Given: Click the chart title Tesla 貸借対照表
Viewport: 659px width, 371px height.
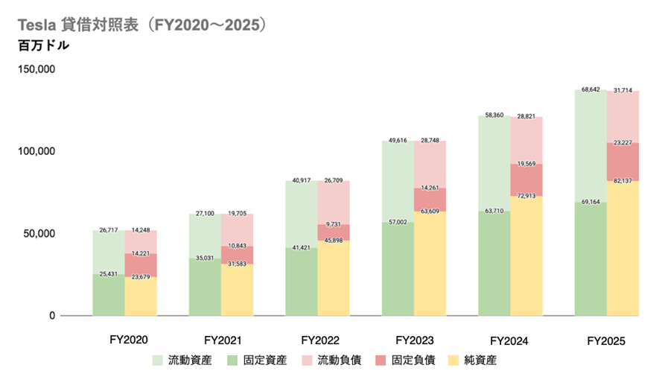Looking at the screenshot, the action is (78, 25).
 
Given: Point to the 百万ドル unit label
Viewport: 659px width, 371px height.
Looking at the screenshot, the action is (44, 45).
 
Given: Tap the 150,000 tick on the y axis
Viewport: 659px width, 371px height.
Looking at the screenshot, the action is (36, 69).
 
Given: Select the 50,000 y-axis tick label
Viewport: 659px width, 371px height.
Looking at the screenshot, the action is (39, 233).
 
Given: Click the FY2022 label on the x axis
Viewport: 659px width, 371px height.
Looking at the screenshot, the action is (320, 340).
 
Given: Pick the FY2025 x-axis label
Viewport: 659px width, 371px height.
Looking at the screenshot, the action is (606, 340).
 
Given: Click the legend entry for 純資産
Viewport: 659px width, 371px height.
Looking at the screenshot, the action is (472, 360).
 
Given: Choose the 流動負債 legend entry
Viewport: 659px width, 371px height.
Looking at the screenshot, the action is (331, 360).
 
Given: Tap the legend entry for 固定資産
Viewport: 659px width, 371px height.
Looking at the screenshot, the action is (257, 360).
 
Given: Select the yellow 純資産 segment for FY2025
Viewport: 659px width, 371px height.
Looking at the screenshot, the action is (623, 248).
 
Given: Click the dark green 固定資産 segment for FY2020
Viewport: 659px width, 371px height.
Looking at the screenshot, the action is (109, 295).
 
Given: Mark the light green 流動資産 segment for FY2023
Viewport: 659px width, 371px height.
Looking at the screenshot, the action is (398, 181).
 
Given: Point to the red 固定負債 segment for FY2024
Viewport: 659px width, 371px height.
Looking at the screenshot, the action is (526, 180).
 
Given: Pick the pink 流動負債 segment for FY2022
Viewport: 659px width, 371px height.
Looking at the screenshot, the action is (334, 203).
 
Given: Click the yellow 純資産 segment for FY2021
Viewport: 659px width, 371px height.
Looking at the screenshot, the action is (238, 290).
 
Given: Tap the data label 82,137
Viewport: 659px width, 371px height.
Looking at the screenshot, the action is (623, 181).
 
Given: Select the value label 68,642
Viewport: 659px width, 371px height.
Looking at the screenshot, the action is (590, 89).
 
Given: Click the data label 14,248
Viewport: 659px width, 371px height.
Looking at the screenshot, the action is (141, 230).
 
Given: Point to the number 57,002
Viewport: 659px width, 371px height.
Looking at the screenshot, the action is (398, 222).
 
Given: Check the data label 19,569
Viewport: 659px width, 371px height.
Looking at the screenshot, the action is (526, 164).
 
